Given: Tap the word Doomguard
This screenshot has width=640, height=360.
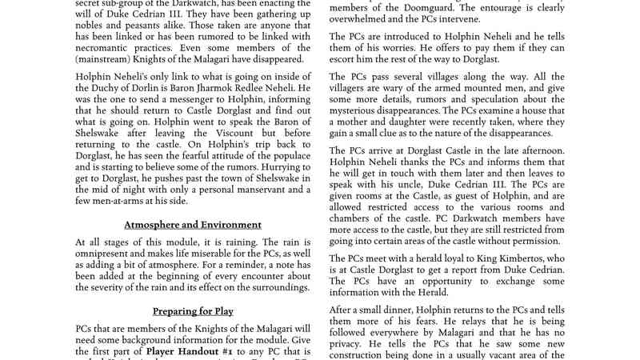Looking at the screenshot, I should click(x=414, y=8).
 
